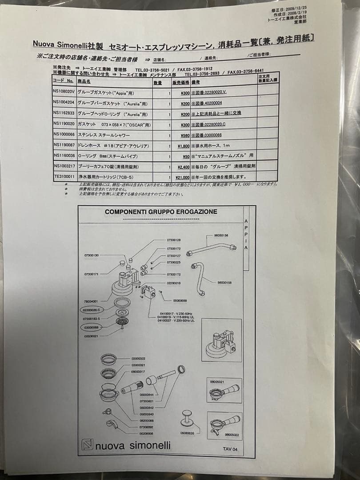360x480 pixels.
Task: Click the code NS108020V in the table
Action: [63, 93]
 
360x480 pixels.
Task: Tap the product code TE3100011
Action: [63, 176]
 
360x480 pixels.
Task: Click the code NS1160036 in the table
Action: [64, 156]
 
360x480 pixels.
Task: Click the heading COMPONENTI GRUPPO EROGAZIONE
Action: [161, 212]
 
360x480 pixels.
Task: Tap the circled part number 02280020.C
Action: [91, 309]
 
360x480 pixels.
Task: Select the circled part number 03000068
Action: [90, 327]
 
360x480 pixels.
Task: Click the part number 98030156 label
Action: [221, 235]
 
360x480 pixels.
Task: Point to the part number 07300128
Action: [174, 240]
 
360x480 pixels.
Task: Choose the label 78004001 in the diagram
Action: [91, 301]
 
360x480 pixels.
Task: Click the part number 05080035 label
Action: [187, 432]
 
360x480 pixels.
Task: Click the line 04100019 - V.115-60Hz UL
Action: [176, 317]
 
